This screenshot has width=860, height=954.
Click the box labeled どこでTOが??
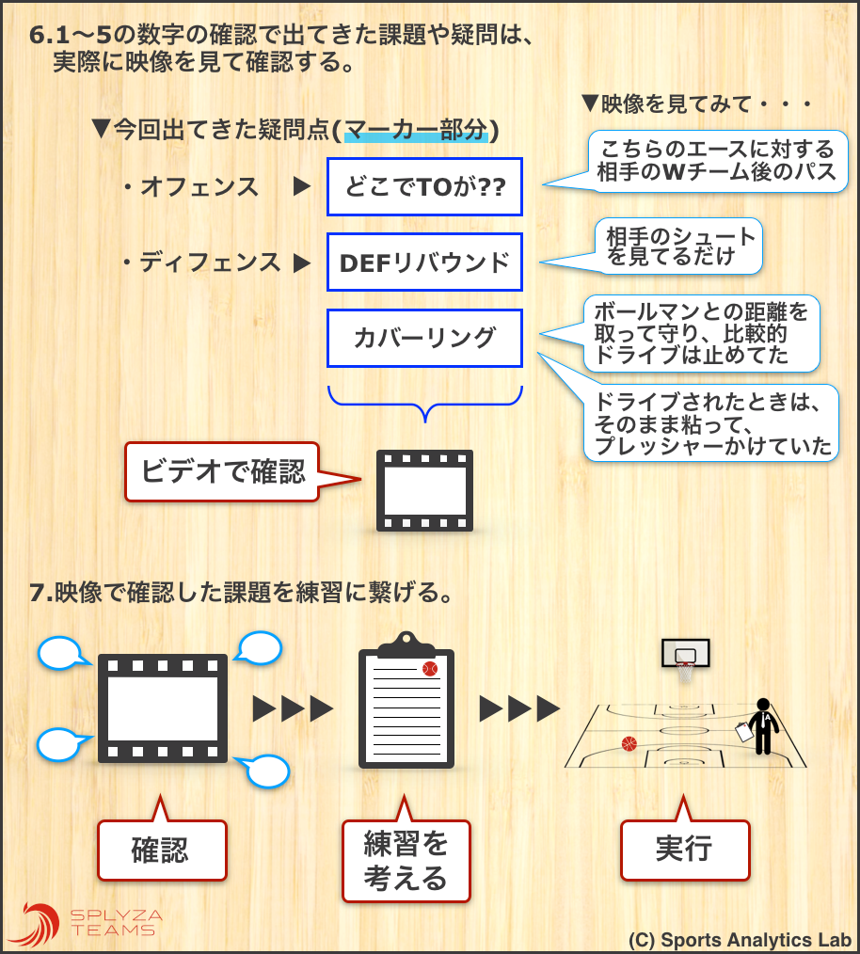[x=424, y=186]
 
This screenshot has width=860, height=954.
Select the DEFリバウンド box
[x=424, y=262]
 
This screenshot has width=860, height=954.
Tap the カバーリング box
[x=424, y=337]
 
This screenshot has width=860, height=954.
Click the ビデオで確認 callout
[x=223, y=470]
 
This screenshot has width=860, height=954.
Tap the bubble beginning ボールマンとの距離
[x=701, y=332]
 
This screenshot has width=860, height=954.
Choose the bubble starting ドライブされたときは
[x=712, y=423]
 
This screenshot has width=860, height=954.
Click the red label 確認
[x=163, y=851]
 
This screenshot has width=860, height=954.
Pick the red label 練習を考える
[x=405, y=862]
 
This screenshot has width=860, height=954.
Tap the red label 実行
[x=684, y=850]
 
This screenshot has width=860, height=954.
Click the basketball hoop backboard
[x=685, y=653]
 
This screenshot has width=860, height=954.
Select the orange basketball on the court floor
[x=629, y=743]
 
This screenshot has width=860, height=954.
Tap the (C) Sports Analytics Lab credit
[x=740, y=940]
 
